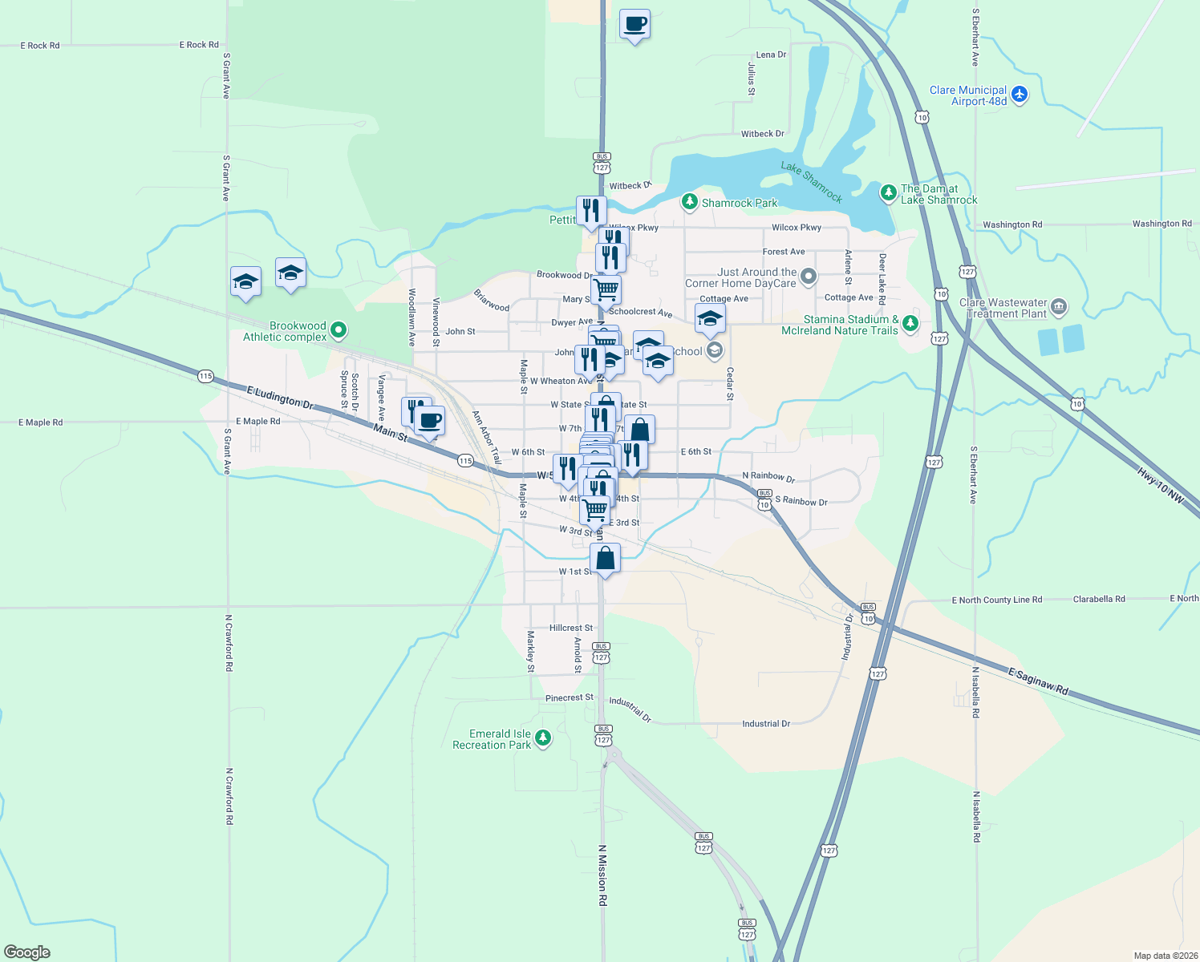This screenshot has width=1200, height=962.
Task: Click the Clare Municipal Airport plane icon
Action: coord(1020,95)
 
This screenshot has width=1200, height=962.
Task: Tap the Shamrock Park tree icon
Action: coord(689,202)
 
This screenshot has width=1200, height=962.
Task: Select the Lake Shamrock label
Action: coord(812,182)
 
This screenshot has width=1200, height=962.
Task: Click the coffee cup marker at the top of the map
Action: coord(634,24)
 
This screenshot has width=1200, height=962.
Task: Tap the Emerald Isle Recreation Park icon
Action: coord(543,738)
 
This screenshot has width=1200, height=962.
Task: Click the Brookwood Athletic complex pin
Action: coord(339,329)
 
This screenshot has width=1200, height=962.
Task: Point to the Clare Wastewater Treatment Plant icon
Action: coord(1059,307)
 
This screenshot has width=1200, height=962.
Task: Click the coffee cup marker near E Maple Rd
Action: coord(430,420)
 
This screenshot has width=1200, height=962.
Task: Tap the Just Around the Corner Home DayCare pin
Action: coord(809,277)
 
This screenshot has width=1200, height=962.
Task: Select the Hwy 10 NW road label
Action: coord(1160,486)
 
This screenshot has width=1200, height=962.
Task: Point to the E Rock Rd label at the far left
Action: coord(39,46)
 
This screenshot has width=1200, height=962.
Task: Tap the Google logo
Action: coord(27,952)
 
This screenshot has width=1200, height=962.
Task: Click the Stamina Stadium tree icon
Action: coord(910,323)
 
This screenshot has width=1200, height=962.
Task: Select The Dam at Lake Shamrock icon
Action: coord(887,192)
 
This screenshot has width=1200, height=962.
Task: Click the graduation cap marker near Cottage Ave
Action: coord(710,318)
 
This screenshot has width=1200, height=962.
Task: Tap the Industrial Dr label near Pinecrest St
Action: coord(630,709)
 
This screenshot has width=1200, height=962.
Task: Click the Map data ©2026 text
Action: coord(1165,956)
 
